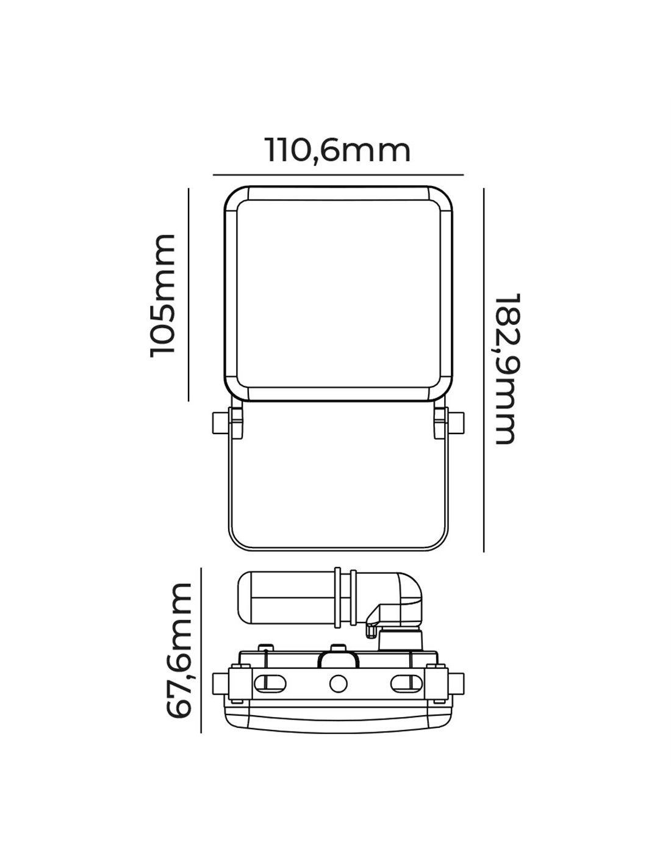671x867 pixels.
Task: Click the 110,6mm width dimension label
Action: tap(338, 151)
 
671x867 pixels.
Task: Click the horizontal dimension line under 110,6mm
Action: tap(338, 175)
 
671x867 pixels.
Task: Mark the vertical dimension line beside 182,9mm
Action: tap(483, 370)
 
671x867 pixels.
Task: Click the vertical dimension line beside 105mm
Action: tap(188, 294)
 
